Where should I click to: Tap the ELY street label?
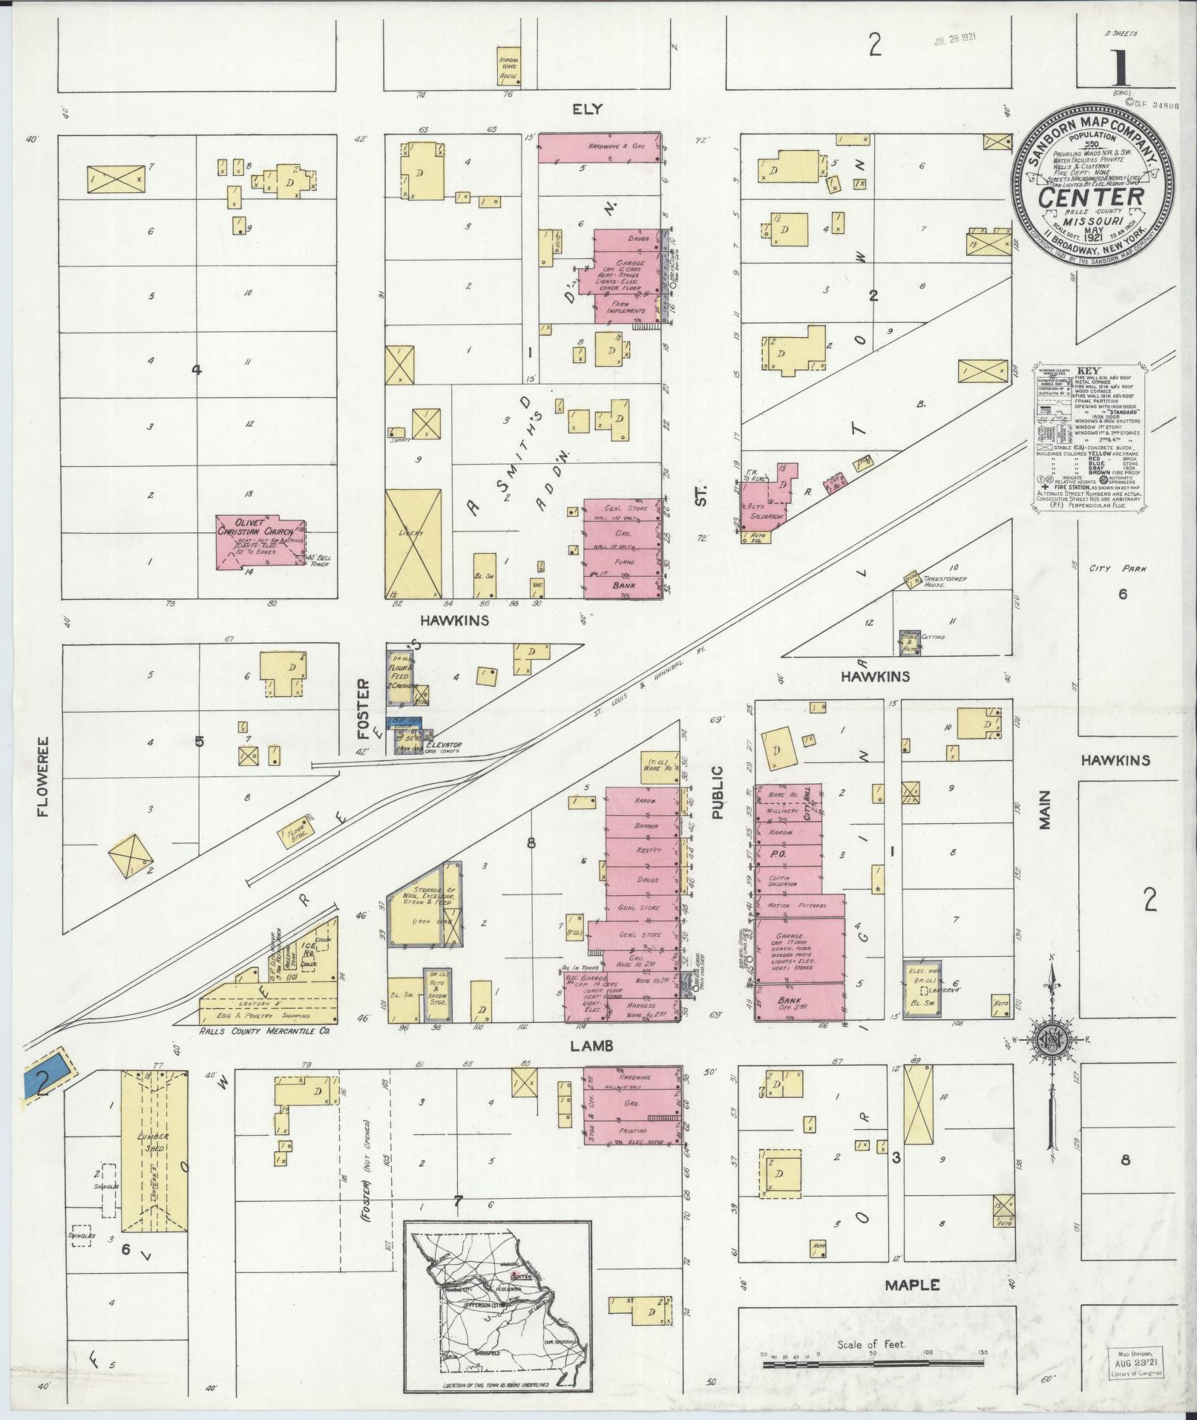(586, 109)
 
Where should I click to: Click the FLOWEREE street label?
(42, 776)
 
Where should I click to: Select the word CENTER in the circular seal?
(1090, 197)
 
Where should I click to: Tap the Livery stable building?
(413, 543)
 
